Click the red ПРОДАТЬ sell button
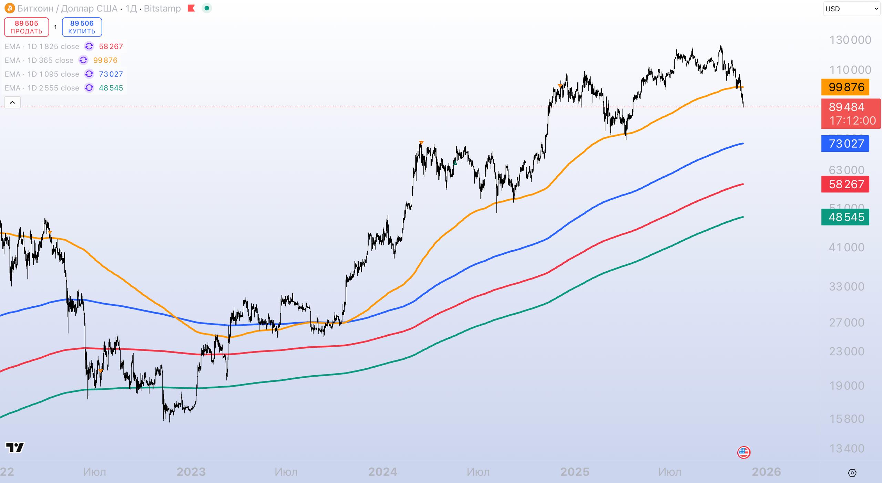tap(27, 27)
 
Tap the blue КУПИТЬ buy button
tap(82, 27)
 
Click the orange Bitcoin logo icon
tap(9, 8)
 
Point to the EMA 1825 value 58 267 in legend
tap(111, 46)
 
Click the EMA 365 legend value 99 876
tap(105, 60)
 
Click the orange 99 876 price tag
tap(845, 87)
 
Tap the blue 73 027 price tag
tap(845, 144)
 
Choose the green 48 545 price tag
tap(845, 217)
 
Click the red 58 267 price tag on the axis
tap(845, 184)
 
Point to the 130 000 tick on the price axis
tap(850, 40)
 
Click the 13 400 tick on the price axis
tap(847, 449)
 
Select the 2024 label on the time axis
tap(383, 472)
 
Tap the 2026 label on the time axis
tap(766, 472)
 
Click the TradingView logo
tap(15, 447)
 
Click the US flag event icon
tap(743, 452)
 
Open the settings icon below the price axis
tap(852, 473)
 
